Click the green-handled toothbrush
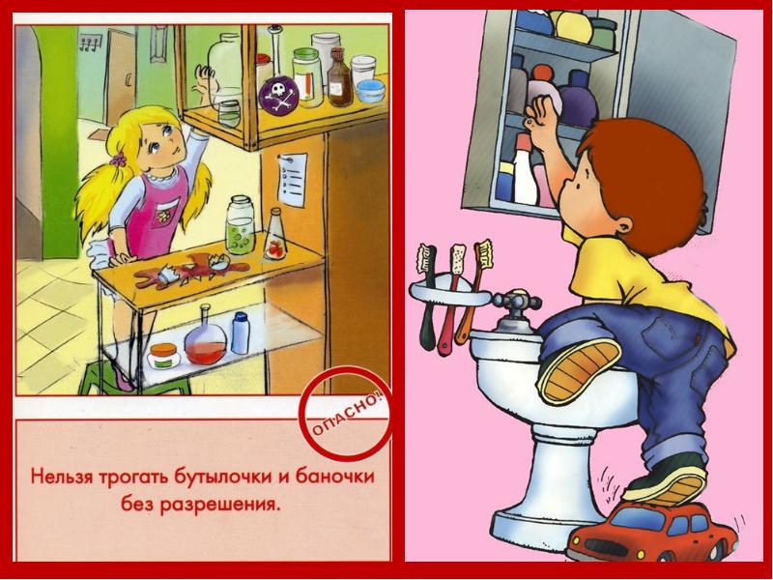(x=426, y=296)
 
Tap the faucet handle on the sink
(x=517, y=301)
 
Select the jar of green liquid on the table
(x=240, y=225)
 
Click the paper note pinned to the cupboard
(x=293, y=180)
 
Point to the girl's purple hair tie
(x=118, y=159)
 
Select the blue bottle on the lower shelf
(x=240, y=333)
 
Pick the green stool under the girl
(x=133, y=377)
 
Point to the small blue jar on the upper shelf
(x=370, y=91)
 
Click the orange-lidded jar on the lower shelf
(x=163, y=356)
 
